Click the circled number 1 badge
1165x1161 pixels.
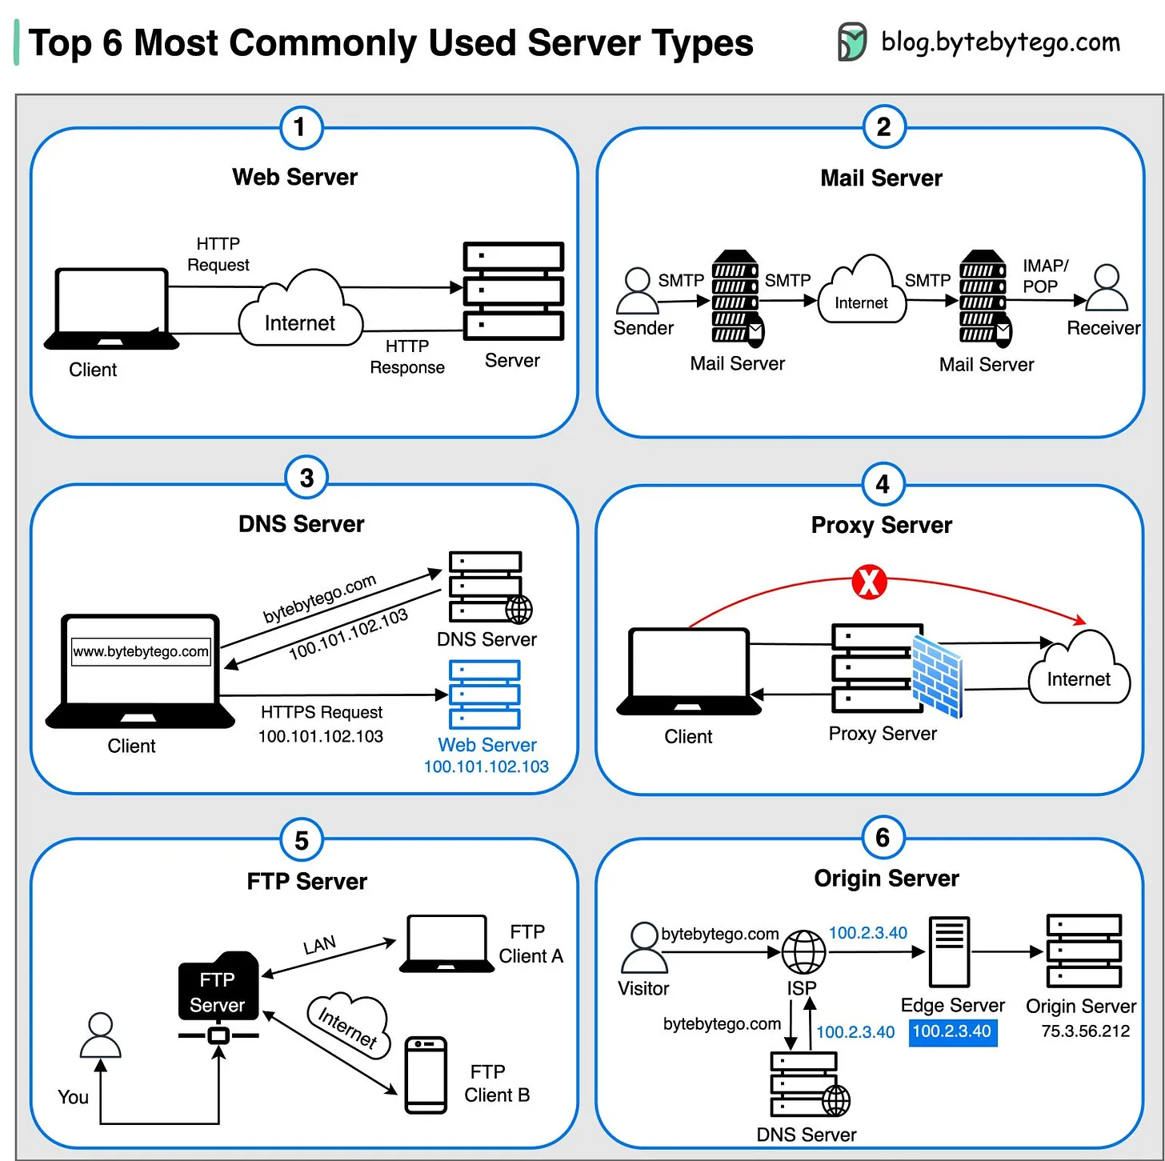[301, 127]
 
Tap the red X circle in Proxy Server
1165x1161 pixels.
[869, 582]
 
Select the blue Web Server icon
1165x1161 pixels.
[485, 694]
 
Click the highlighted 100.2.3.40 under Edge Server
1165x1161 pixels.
[952, 1031]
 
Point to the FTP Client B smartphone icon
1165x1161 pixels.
[426, 1075]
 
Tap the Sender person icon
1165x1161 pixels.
[637, 290]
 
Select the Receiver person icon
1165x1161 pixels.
[1107, 288]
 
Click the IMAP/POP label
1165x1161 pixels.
[1044, 276]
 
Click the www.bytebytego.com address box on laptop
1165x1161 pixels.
[141, 651]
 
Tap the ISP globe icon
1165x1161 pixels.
[803, 952]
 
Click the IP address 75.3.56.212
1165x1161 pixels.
[1085, 1031]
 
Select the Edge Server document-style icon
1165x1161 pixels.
[949, 951]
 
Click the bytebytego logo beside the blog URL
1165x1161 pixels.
[851, 42]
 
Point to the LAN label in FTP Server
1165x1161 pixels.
[319, 945]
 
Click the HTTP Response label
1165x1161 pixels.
[406, 357]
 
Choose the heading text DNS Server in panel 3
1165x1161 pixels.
[301, 524]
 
